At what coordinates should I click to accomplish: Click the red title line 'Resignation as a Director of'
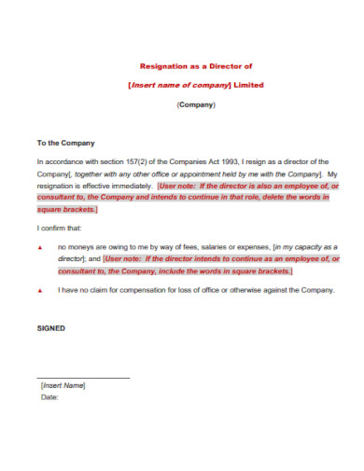(x=195, y=66)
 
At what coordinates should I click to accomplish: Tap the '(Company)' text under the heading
(x=196, y=104)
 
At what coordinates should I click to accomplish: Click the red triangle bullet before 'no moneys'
(x=39, y=247)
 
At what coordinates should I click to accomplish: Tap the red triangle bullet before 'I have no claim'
(x=39, y=291)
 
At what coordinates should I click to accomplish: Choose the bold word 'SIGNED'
(x=51, y=328)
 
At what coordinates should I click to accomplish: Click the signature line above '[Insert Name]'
(x=83, y=378)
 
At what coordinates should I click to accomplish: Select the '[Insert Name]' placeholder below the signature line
(x=63, y=385)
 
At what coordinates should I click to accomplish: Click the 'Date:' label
(x=50, y=397)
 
